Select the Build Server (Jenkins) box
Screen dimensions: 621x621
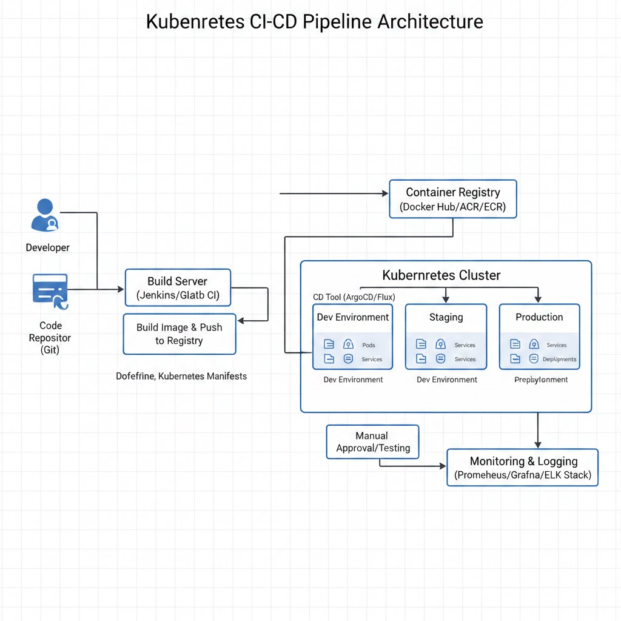pyautogui.click(x=178, y=289)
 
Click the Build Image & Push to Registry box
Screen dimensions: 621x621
pyautogui.click(x=179, y=334)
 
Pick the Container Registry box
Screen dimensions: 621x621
pyautogui.click(x=453, y=199)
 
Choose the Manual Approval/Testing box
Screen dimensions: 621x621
pyautogui.click(x=372, y=442)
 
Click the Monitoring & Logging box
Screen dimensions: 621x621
pyautogui.click(x=522, y=468)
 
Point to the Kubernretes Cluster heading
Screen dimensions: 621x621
pyautogui.click(x=441, y=275)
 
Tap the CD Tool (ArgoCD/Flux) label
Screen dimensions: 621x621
pyautogui.click(x=354, y=297)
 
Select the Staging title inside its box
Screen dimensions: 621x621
pyautogui.click(x=446, y=317)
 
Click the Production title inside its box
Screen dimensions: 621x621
pyautogui.click(x=539, y=317)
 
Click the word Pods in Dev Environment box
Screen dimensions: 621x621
pyautogui.click(x=369, y=345)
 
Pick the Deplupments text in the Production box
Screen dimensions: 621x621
pyautogui.click(x=559, y=359)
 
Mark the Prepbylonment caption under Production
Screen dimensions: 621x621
pyautogui.click(x=541, y=380)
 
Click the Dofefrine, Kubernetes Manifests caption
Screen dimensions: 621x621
pyautogui.click(x=181, y=376)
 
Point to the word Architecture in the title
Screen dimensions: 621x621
pyautogui.click(x=430, y=22)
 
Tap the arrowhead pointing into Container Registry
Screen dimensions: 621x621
pyautogui.click(x=384, y=193)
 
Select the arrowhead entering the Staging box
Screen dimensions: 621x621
pyautogui.click(x=446, y=299)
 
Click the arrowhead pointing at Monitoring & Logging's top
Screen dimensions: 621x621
pyautogui.click(x=538, y=445)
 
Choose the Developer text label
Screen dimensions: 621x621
pyautogui.click(x=47, y=247)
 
